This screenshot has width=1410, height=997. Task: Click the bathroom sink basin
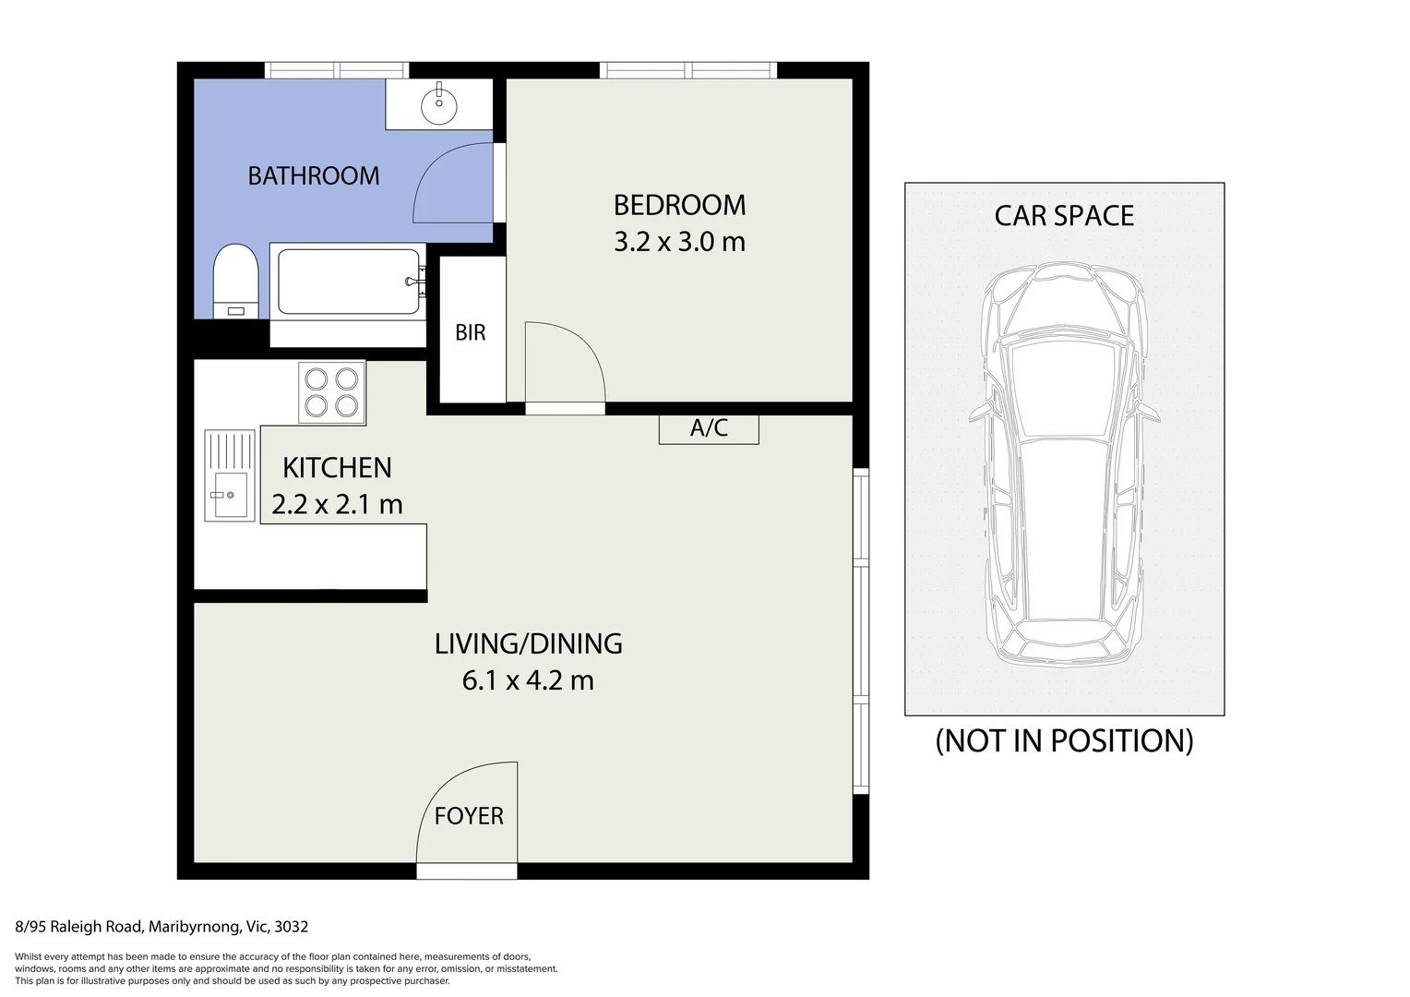(438, 104)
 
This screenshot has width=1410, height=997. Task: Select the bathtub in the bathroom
(348, 282)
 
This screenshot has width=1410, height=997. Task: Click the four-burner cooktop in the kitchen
(332, 392)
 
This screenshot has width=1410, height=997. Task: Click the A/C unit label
(709, 428)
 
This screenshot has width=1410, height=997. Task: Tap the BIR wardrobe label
(471, 332)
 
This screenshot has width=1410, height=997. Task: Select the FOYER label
(469, 816)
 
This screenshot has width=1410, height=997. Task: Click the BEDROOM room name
(679, 205)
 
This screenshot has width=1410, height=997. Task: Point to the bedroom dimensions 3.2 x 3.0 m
(679, 242)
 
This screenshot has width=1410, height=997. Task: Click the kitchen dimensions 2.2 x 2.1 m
(337, 504)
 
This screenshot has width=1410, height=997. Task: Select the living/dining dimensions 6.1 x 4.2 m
(528, 680)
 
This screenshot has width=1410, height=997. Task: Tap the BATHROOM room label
(314, 175)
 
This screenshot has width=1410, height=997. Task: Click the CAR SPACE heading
(1064, 216)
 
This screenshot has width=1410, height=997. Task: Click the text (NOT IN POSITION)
(1064, 741)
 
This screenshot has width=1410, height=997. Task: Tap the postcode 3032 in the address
(292, 927)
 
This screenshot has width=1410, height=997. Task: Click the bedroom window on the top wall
(688, 70)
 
